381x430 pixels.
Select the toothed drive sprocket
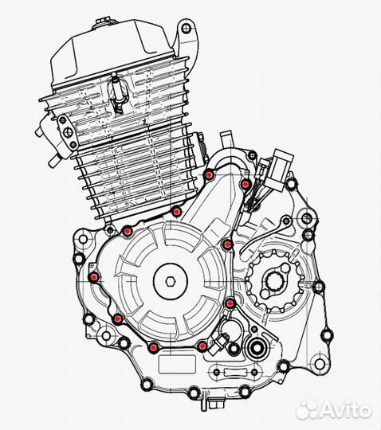273,279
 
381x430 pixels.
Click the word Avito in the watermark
344,410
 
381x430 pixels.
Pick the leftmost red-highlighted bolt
95,277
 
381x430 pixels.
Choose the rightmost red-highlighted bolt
246,185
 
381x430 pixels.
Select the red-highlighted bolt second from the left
117,319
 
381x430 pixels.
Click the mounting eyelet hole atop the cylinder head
186,29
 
